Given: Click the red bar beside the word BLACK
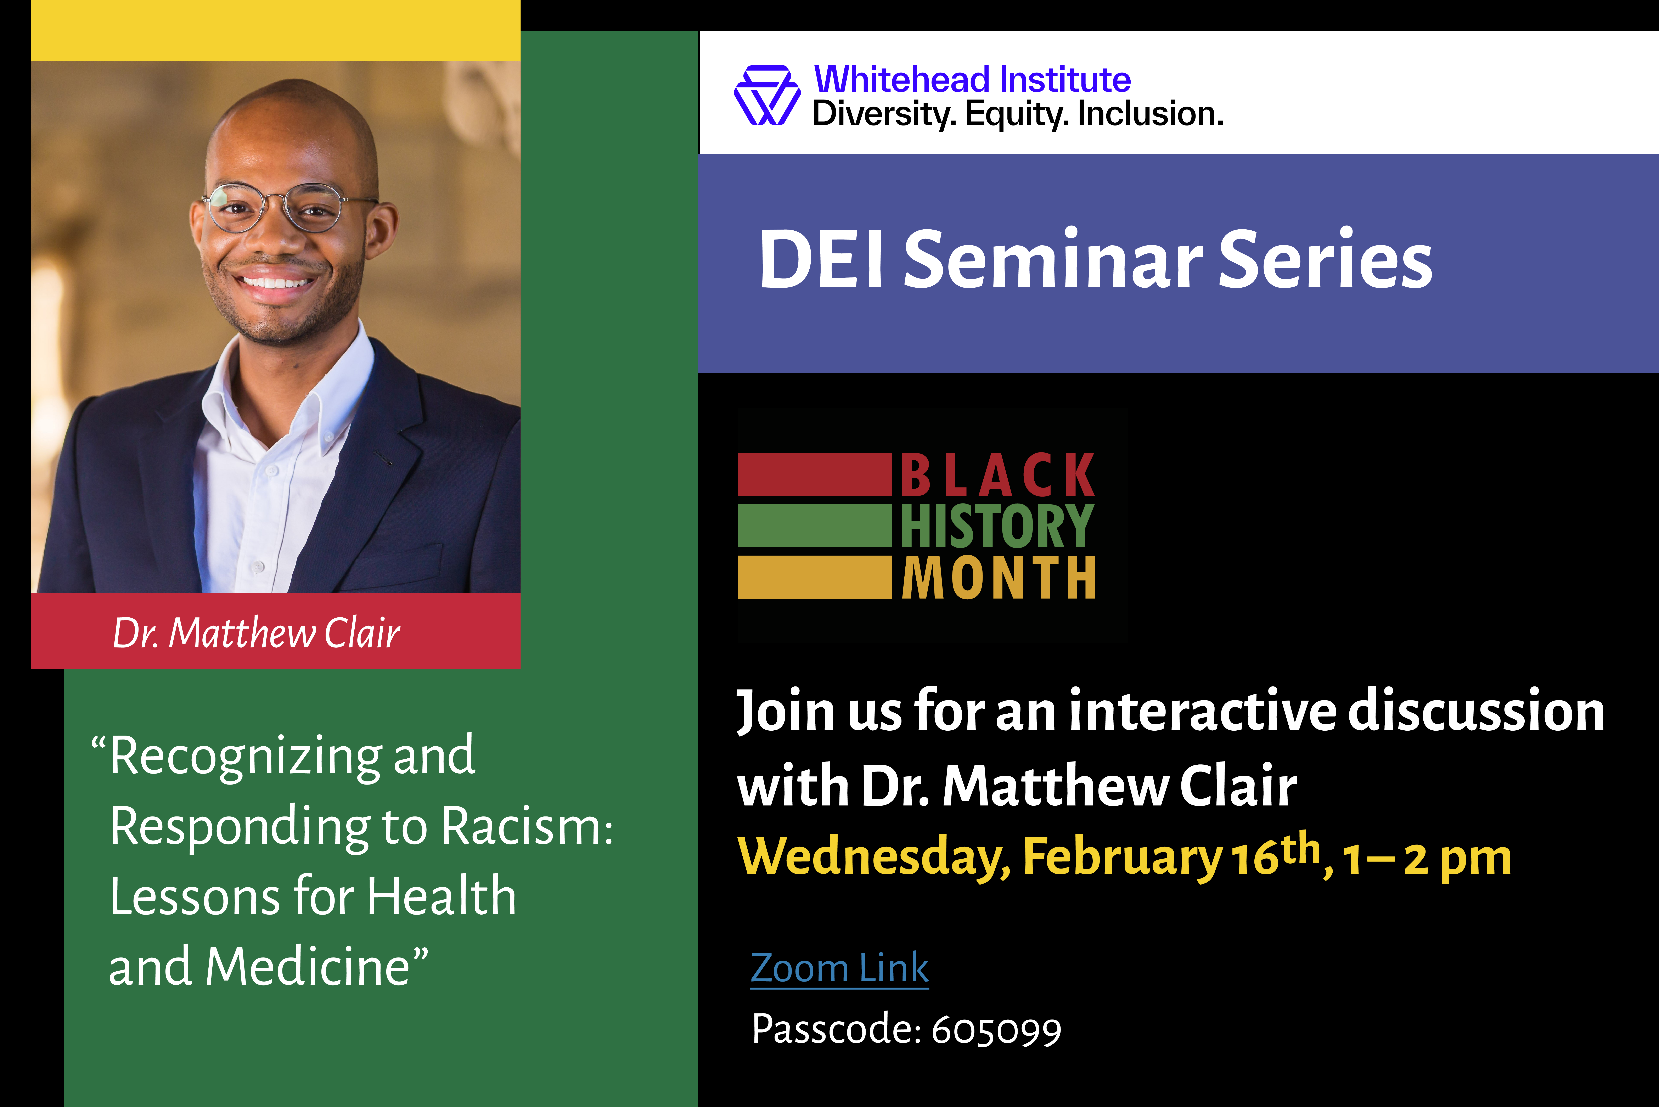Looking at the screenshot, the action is click(815, 474).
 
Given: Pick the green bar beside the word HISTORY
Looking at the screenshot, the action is click(815, 525).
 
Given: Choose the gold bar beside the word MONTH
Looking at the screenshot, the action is click(815, 577).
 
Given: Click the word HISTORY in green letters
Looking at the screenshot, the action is click(997, 526).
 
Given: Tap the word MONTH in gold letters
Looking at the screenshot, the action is click(998, 578).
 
